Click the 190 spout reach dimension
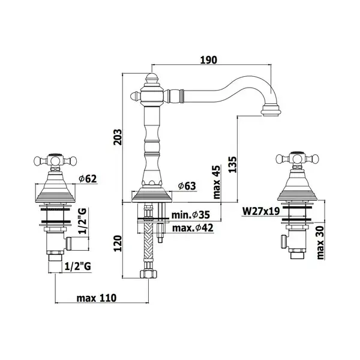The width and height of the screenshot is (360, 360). pyautogui.click(x=208, y=60)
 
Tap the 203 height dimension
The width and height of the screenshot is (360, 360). pyautogui.click(x=118, y=137)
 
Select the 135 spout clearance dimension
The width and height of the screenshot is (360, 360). pyautogui.click(x=232, y=164)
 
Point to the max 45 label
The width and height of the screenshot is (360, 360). pyautogui.click(x=217, y=182)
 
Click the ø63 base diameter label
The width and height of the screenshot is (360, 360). pyautogui.click(x=187, y=186)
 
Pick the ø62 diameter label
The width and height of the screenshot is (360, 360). pyautogui.click(x=88, y=179)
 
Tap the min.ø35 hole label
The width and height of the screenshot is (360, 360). pyautogui.click(x=191, y=215)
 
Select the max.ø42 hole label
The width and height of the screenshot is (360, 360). pyautogui.click(x=193, y=228)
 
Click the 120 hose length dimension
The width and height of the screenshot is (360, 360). pyautogui.click(x=118, y=244)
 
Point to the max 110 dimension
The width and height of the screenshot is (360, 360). pyautogui.click(x=97, y=298)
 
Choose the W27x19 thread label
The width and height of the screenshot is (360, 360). pyautogui.click(x=261, y=211)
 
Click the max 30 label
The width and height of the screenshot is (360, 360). pyautogui.click(x=320, y=242)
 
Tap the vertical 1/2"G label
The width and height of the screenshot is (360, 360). pyautogui.click(x=83, y=221)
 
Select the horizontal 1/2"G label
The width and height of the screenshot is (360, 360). pyautogui.click(x=78, y=266)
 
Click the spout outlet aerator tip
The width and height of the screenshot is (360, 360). pyautogui.click(x=271, y=110)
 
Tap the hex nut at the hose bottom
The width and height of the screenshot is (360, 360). pyautogui.click(x=149, y=274)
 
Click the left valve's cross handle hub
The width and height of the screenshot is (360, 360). pyautogui.click(x=55, y=160)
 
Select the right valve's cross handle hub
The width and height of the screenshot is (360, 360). pyautogui.click(x=298, y=158)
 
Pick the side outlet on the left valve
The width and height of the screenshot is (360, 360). pyautogui.click(x=77, y=244)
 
